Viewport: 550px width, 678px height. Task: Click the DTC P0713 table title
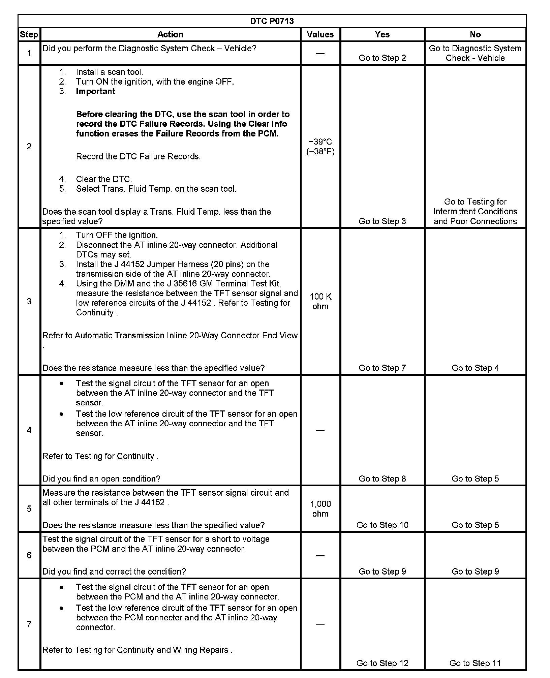(272, 21)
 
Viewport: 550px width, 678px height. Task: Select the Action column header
(170, 34)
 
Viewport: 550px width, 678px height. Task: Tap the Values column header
(320, 34)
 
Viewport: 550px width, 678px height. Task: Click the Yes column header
(382, 34)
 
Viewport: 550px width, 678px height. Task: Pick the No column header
(475, 34)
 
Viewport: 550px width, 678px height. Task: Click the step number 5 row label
(29, 508)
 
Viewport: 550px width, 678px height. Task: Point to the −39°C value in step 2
(320, 142)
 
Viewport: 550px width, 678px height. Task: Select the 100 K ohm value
(320, 301)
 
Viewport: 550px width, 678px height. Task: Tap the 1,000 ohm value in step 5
(320, 508)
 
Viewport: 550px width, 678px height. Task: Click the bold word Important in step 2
(95, 91)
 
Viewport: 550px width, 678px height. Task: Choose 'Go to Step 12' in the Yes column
(382, 663)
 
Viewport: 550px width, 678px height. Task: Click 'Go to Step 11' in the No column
(475, 663)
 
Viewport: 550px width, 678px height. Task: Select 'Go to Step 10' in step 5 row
(382, 525)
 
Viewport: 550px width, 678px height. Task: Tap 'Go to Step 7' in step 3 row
(382, 368)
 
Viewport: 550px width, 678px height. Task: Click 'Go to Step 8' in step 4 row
(382, 479)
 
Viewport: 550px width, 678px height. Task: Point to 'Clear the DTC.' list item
(104, 179)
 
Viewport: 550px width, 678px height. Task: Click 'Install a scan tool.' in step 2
(110, 72)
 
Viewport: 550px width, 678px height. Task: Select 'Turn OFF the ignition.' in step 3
(117, 235)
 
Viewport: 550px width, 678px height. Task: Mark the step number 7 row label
(29, 624)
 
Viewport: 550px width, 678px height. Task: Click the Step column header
(29, 34)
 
